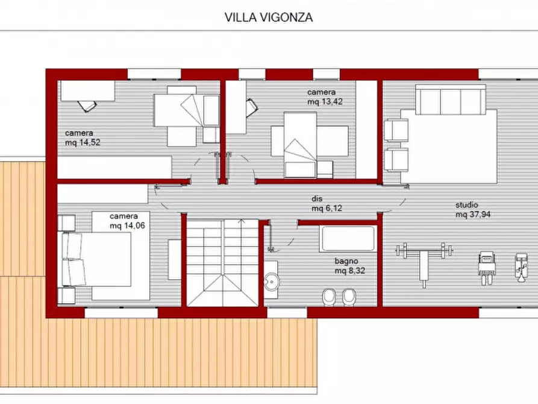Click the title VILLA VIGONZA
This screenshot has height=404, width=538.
pos(269,17)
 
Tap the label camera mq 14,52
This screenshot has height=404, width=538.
pos(81,137)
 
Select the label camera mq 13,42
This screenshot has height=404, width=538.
pos(322,96)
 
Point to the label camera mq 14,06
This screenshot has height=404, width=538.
pos(125,221)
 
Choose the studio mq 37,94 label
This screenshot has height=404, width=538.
pos(472,209)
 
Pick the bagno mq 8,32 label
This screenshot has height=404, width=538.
pos(349,266)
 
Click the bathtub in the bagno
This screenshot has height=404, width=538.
pos(347,239)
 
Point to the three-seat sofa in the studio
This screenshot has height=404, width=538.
pos(450,99)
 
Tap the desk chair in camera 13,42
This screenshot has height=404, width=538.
pos(251,107)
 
